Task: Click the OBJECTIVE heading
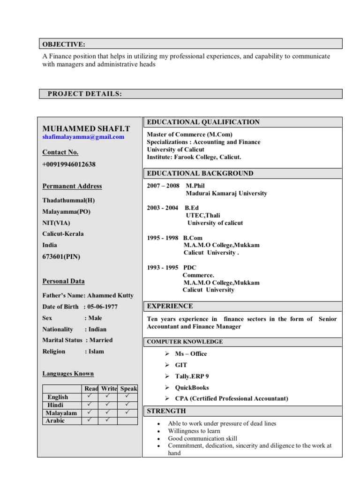pyautogui.click(x=64, y=45)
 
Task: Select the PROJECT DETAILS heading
pyautogui.click(x=85, y=94)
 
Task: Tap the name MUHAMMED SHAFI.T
pyautogui.click(x=87, y=128)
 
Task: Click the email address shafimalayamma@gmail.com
pyautogui.click(x=83, y=137)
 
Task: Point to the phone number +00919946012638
pyautogui.click(x=69, y=164)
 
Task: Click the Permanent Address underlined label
pyautogui.click(x=72, y=186)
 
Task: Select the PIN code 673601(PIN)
pyautogui.click(x=61, y=256)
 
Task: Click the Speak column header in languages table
pyautogui.click(x=128, y=389)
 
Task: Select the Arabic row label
pyautogui.click(x=55, y=421)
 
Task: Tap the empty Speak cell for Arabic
pyautogui.click(x=128, y=421)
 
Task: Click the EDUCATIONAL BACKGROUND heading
pyautogui.click(x=200, y=173)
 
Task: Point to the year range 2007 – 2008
pyautogui.click(x=163, y=186)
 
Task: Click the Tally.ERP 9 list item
pyautogui.click(x=192, y=376)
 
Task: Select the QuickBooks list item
pyautogui.click(x=192, y=388)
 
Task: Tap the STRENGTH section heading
pyautogui.click(x=166, y=411)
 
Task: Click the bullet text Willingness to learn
pyautogui.click(x=194, y=431)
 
